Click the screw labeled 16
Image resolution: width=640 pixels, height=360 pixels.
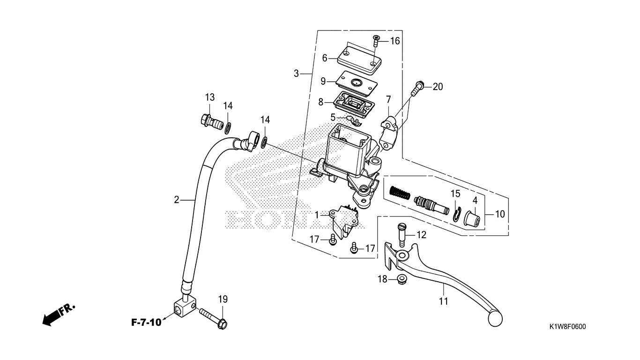[376, 41]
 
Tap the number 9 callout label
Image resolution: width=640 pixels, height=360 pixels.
[323, 81]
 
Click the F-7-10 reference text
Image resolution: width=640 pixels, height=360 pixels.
[146, 322]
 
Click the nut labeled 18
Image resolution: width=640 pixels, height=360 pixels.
[401, 280]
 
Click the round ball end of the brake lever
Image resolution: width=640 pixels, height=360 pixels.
[495, 318]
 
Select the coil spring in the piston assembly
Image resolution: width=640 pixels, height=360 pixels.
[400, 192]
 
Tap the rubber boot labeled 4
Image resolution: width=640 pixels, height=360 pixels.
[473, 219]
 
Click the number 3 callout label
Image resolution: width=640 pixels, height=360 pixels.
[296, 74]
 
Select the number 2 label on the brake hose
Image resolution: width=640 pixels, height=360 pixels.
[177, 200]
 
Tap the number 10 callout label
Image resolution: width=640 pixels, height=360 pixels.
[500, 214]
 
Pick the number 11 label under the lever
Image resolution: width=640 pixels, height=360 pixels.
[444, 301]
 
